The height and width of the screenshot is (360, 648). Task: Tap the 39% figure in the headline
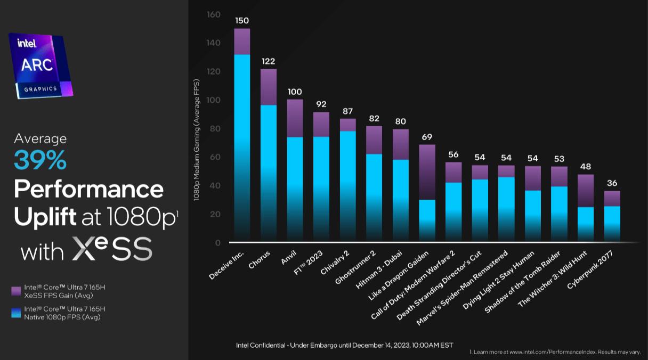[40, 160]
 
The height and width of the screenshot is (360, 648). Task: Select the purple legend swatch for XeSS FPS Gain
[16, 291]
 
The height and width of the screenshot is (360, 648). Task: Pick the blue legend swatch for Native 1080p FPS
[16, 313]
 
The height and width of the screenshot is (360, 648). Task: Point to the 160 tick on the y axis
[214, 14]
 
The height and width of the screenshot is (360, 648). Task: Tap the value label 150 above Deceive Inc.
[242, 20]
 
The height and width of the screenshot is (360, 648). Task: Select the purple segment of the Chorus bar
[269, 87]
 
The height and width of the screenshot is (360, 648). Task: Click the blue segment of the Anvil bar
[295, 186]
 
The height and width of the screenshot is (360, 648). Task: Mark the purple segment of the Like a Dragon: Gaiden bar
[426, 171]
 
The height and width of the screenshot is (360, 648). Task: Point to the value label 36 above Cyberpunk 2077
[612, 183]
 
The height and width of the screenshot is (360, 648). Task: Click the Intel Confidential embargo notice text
[344, 345]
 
